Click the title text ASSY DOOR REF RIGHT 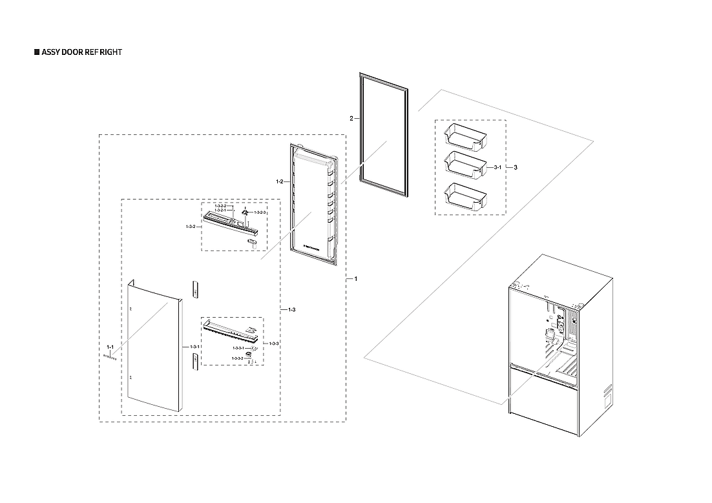81,52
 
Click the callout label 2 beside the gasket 351,119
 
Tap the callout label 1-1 109,347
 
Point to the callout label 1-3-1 194,347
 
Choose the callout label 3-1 497,167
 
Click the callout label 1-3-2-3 260,212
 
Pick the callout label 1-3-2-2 220,205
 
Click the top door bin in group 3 465,137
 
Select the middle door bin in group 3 465,165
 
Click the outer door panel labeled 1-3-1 152,349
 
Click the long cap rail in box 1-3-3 229,331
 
